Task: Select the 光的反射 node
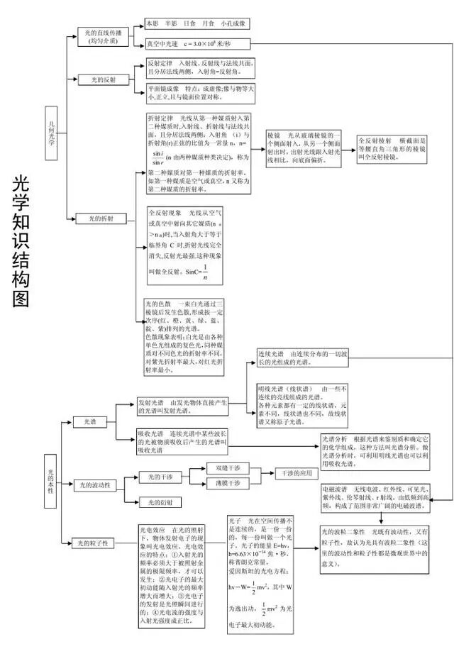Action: pyautogui.click(x=103, y=80)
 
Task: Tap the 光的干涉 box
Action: pyautogui.click(x=160, y=477)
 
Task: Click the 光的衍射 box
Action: pyautogui.click(x=160, y=502)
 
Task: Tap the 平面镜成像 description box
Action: pyautogui.click(x=199, y=93)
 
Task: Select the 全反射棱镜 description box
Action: pyautogui.click(x=392, y=150)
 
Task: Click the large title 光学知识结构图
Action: pyautogui.click(x=21, y=241)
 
